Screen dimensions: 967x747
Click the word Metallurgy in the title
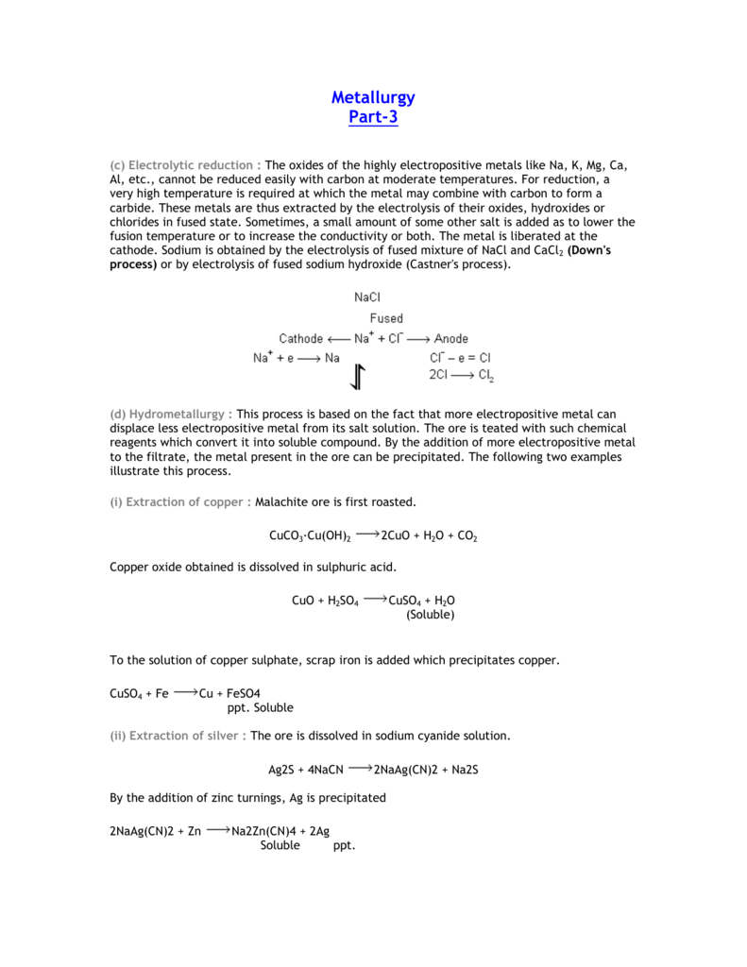click(x=373, y=97)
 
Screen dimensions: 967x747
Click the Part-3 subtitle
click(x=373, y=117)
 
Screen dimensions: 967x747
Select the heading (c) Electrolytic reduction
click(x=185, y=165)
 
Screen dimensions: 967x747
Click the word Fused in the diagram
click(x=386, y=318)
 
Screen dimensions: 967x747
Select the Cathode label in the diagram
click(x=301, y=338)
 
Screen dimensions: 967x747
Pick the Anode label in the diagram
click(x=450, y=338)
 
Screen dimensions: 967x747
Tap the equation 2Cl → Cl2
click(x=461, y=375)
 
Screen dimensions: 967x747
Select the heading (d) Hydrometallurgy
click(x=171, y=414)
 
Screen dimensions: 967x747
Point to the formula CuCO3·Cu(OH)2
click(x=310, y=536)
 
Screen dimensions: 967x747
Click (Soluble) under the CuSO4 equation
click(x=431, y=615)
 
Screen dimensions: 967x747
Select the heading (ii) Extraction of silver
click(x=178, y=736)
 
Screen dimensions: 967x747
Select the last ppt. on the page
click(x=344, y=845)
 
